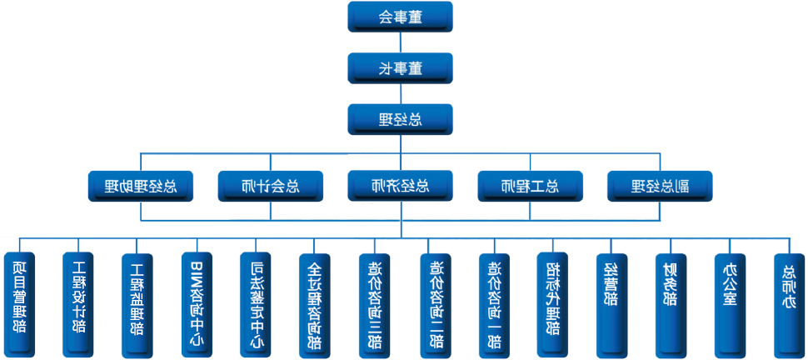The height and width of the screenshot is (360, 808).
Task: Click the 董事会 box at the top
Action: point(400,17)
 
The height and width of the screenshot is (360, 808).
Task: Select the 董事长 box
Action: point(400,68)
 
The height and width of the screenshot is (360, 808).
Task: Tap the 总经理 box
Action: point(400,119)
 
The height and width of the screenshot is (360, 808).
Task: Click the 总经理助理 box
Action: point(141,186)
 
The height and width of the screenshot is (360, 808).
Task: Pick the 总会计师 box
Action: point(270,186)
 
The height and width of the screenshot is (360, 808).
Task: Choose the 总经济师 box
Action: point(400,186)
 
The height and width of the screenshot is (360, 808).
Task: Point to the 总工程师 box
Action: point(530,186)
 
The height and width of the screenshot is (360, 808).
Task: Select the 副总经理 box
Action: point(660,186)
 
